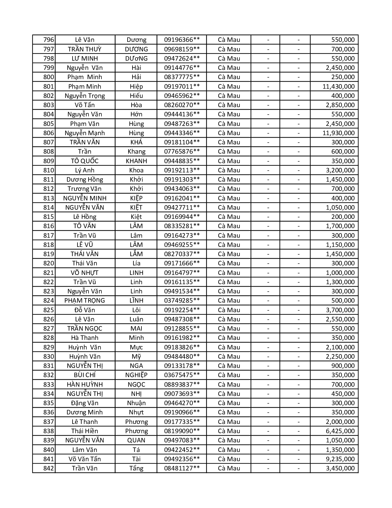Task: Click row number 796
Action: point(49,40)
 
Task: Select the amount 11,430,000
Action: point(338,87)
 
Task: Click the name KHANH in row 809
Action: point(136,161)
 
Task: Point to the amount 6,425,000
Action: point(340,431)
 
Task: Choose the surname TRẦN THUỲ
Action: point(85,49)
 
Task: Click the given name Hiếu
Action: point(136,96)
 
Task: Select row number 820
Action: point(49,263)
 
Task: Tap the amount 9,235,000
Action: point(340,459)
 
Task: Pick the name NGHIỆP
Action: point(136,375)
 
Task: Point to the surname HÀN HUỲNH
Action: point(85,385)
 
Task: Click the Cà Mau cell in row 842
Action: point(229,468)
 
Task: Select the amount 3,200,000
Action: point(340,170)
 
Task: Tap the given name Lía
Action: point(136,263)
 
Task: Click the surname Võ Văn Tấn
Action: point(85,459)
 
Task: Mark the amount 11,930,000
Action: point(338,133)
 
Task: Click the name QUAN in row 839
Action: point(136,440)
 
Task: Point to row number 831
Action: point(49,366)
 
